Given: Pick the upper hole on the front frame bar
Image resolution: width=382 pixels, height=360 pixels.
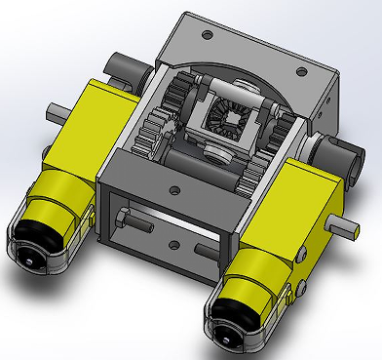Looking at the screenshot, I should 173,189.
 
